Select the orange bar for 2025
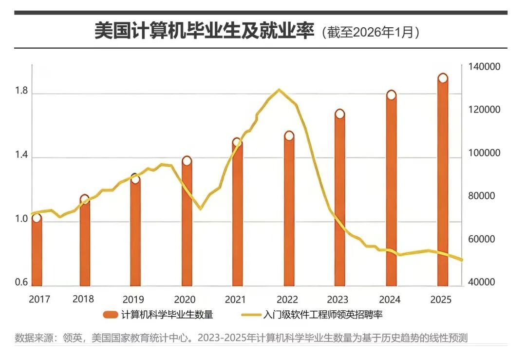[442, 180]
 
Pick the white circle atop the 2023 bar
[340, 114]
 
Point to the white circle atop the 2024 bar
[391, 95]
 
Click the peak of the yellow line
[279, 90]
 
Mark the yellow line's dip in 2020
[200, 209]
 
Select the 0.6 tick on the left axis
[21, 282]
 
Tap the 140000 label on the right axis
[485, 67]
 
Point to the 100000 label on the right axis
[485, 153]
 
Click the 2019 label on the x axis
[133, 299]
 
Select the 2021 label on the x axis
[235, 299]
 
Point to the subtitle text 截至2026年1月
[371, 33]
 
